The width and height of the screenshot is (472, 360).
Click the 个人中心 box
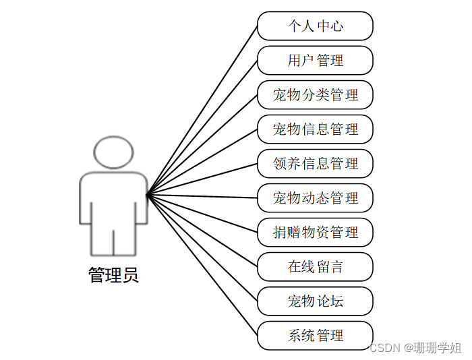coord(315,26)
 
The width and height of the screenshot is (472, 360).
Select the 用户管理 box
coord(315,61)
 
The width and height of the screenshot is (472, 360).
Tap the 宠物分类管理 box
coord(315,95)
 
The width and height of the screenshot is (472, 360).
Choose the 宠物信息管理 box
coord(315,129)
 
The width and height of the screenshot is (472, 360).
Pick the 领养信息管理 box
coord(315,164)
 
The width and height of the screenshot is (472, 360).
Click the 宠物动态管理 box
coord(315,198)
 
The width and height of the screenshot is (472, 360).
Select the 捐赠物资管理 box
coord(315,233)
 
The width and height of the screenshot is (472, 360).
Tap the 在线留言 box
coord(315,267)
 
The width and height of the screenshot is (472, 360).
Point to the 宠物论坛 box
coord(315,301)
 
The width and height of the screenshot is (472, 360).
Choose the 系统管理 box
coord(315,336)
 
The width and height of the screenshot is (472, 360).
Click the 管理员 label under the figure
coord(113,275)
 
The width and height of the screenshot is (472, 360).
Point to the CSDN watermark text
coord(385,348)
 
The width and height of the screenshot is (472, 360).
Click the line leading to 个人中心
coord(202,111)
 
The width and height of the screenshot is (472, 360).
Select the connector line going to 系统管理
coord(202,266)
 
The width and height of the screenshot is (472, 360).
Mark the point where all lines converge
coord(147,195)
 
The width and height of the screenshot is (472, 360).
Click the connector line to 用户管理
coord(202,127)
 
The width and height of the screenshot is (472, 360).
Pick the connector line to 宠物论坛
coord(202,248)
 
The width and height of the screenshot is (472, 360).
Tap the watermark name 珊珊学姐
coord(438,348)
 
